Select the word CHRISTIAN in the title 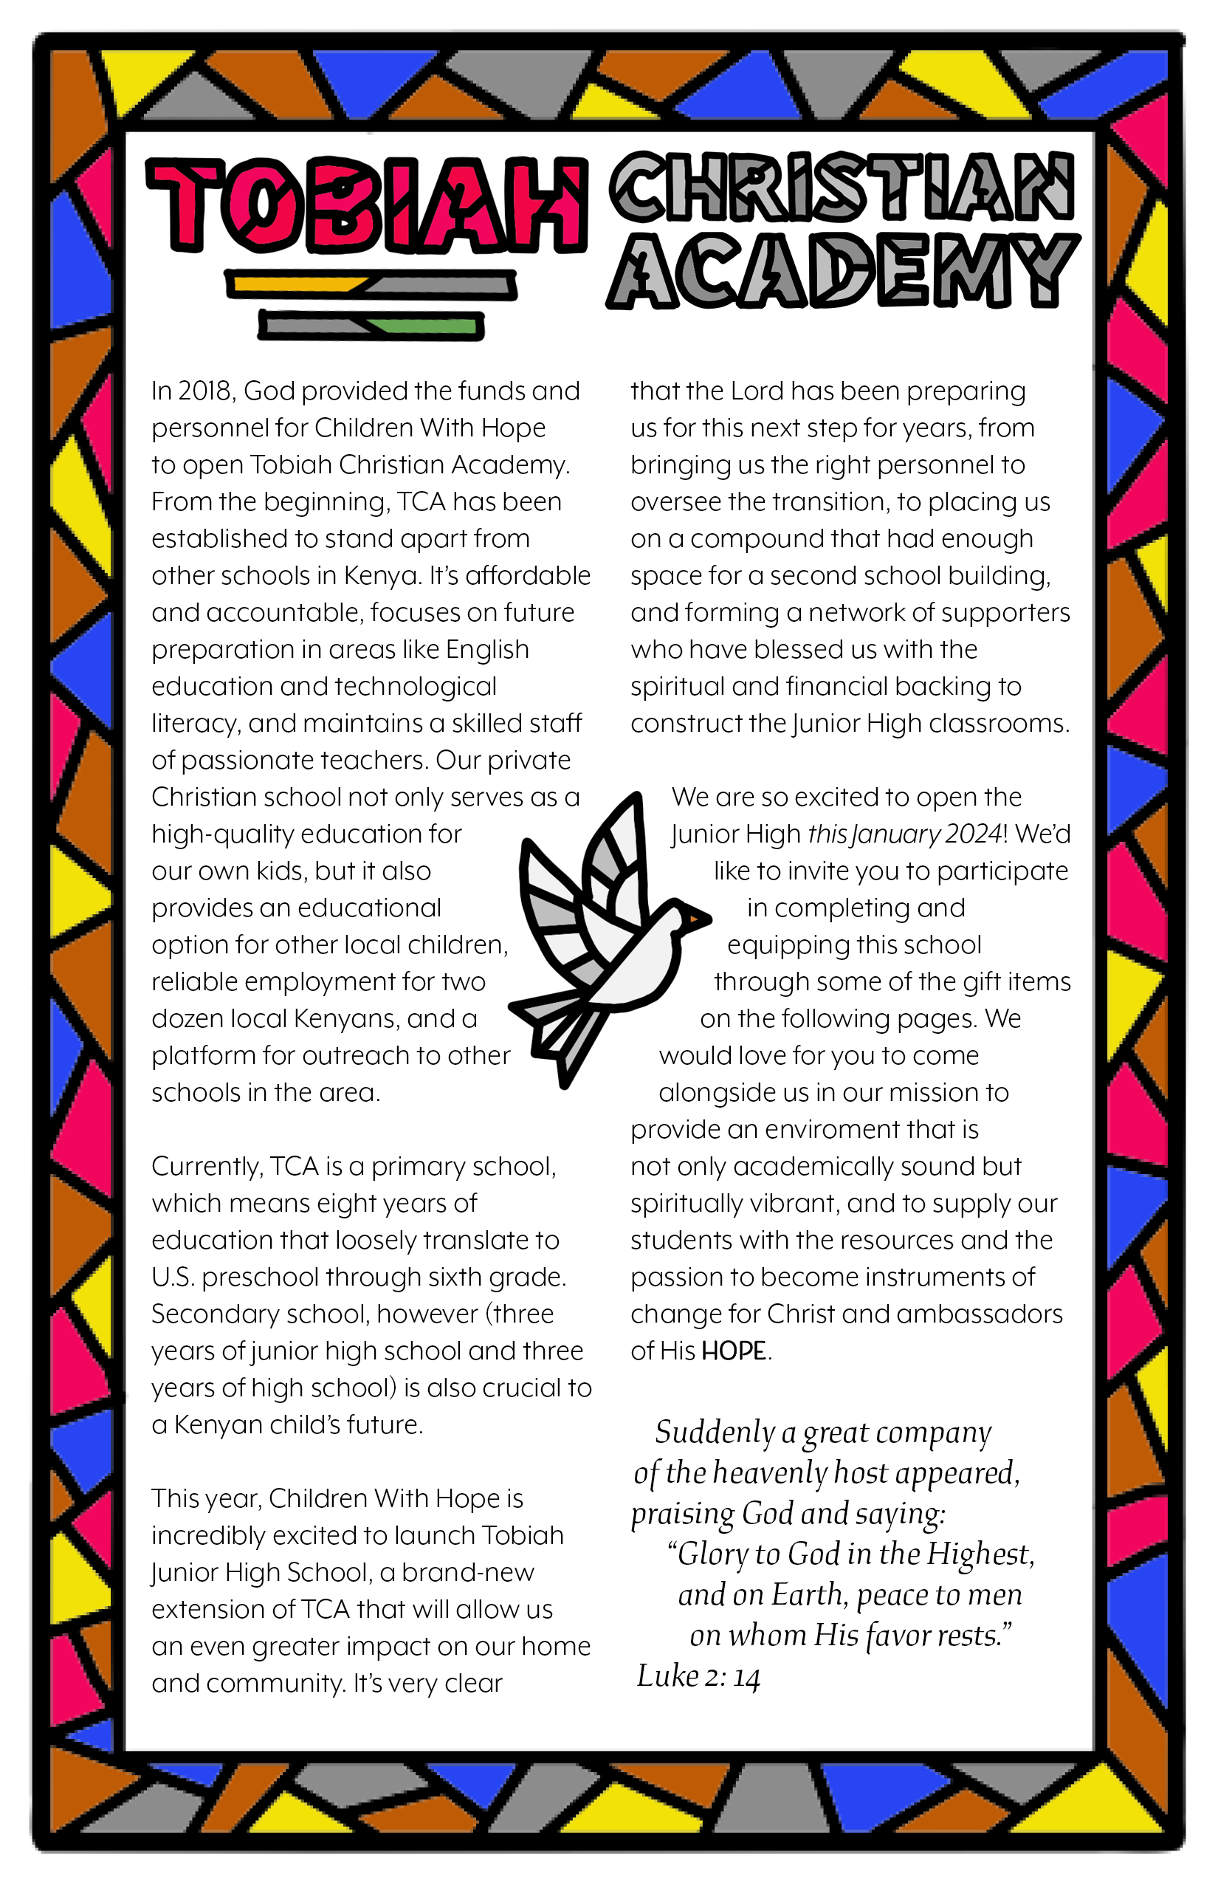tap(842, 187)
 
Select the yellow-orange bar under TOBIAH tap(297, 284)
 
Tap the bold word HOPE tap(734, 1351)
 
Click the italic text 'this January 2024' tap(905, 834)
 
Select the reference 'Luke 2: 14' tap(698, 1676)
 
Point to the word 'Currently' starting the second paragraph tap(207, 1166)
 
